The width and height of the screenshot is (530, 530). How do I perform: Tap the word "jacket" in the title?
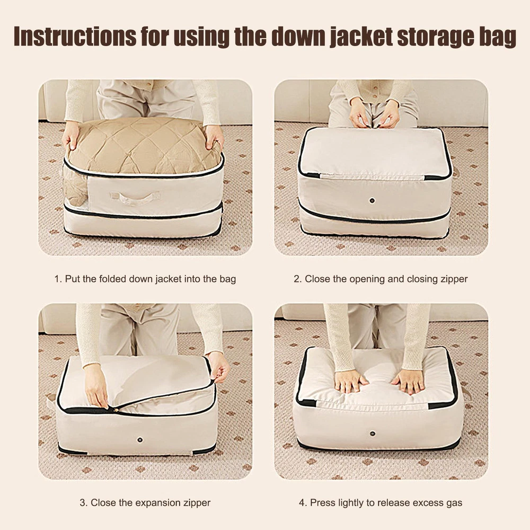tap(361, 37)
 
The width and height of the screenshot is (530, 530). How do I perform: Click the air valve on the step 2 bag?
tap(372, 200)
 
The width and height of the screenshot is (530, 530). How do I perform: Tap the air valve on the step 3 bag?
tap(140, 440)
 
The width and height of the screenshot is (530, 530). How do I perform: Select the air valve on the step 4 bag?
tap(373, 434)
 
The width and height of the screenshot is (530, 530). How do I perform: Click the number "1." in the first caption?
tap(58, 279)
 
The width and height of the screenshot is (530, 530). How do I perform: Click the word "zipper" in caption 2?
tap(454, 279)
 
